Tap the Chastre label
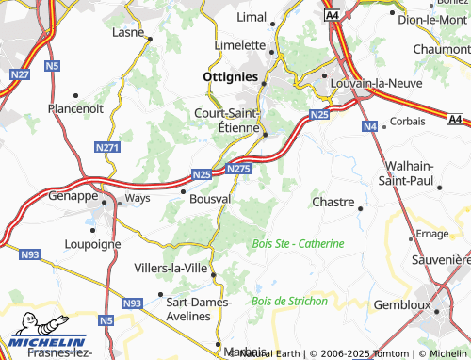[333, 202]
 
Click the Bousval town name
[210, 199]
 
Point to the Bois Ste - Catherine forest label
[299, 243]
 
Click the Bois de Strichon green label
[290, 301]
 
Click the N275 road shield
[239, 168]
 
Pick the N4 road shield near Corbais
[369, 125]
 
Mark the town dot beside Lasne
[149, 38]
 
